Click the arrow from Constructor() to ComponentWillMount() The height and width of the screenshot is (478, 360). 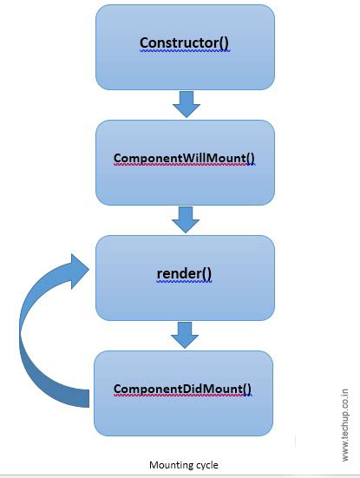pos(186,105)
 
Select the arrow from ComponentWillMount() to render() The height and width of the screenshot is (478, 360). pos(186,219)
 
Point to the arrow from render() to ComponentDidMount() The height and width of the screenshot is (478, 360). pos(186,334)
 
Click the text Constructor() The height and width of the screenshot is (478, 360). pos(185,43)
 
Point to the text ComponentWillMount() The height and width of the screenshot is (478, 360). pos(185,159)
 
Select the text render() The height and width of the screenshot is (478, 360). pos(185,274)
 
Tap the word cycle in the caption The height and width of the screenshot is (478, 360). pos(206,465)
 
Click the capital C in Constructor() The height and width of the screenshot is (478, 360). pos(144,43)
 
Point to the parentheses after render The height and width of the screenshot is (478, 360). pos(207,274)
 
